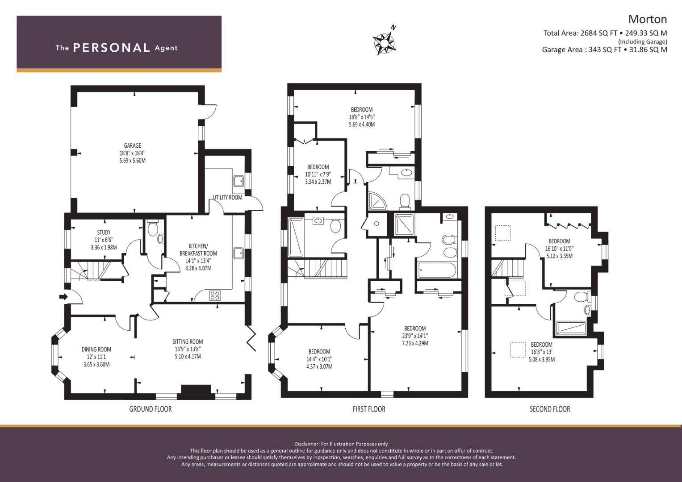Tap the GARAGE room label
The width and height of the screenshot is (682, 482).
pyautogui.click(x=133, y=145)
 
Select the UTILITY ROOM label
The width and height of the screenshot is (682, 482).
pyautogui.click(x=227, y=197)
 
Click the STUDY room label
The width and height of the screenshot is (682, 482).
pyautogui.click(x=104, y=232)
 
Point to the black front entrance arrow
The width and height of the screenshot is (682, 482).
pyautogui.click(x=63, y=297)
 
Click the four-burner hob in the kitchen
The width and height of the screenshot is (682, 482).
pyautogui.click(x=215, y=295)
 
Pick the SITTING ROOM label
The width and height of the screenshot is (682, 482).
pyautogui.click(x=188, y=342)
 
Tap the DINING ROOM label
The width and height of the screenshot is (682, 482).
pyautogui.click(x=96, y=349)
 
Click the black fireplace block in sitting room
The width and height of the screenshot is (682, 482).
pyautogui.click(x=196, y=390)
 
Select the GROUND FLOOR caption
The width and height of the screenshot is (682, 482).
pyautogui.click(x=151, y=409)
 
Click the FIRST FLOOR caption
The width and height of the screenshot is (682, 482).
pyautogui.click(x=369, y=409)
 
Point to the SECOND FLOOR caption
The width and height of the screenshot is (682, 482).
pyautogui.click(x=550, y=409)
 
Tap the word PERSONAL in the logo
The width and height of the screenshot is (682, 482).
pyautogui.click(x=112, y=48)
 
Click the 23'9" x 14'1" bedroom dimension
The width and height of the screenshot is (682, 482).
pyautogui.click(x=414, y=336)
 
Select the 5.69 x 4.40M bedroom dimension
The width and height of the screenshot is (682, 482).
pyautogui.click(x=362, y=125)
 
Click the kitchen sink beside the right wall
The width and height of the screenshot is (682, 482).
pyautogui.click(x=238, y=253)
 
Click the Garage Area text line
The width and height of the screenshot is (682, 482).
pyautogui.click(x=604, y=50)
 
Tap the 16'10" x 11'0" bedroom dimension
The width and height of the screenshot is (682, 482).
pyautogui.click(x=559, y=249)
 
